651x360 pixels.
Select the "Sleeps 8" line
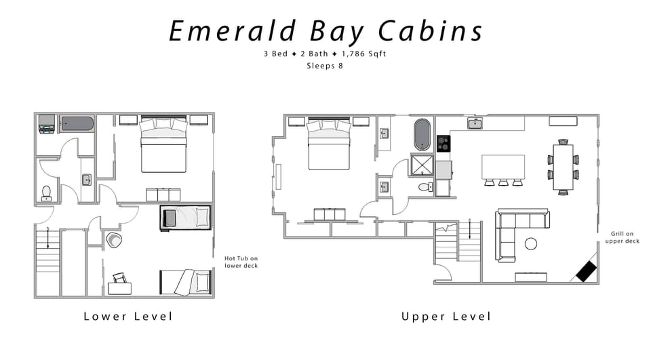(325, 66)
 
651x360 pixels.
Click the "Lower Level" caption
(128, 316)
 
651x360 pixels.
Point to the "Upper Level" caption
(446, 316)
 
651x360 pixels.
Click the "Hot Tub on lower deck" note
(241, 262)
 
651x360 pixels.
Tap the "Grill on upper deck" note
(622, 237)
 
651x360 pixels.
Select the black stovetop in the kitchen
(443, 144)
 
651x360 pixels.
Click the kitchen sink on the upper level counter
(475, 123)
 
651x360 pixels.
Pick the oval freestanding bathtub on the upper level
(422, 135)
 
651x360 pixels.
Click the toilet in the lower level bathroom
(46, 193)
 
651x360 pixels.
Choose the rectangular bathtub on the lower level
(76, 123)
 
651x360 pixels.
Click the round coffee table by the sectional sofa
(531, 243)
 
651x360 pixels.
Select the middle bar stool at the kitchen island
(502, 182)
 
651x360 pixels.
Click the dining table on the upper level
(563, 167)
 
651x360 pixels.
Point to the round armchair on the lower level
(113, 240)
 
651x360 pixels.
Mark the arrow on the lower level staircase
(47, 238)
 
